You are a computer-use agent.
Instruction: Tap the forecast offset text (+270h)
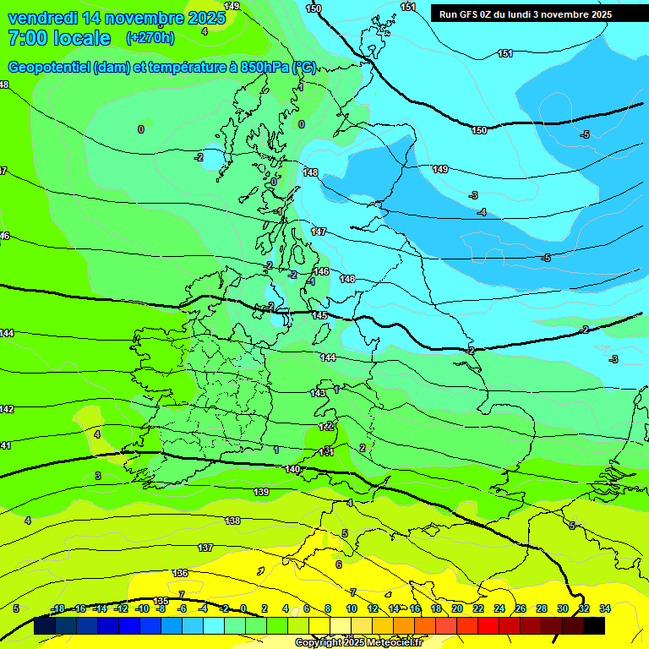150,38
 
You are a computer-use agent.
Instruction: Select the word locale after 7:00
81,38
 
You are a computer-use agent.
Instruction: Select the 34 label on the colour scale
605,608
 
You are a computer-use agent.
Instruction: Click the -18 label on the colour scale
58,608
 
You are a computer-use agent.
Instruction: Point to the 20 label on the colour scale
457,608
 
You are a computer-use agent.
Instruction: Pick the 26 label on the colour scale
521,608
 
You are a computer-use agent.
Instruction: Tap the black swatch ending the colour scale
594,626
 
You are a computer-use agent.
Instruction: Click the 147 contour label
319,231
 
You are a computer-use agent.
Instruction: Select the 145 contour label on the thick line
319,315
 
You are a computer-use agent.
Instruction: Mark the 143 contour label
318,393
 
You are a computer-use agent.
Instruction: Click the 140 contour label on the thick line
292,469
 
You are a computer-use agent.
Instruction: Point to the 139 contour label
261,492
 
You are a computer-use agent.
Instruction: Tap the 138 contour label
232,521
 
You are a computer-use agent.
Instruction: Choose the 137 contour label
205,548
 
